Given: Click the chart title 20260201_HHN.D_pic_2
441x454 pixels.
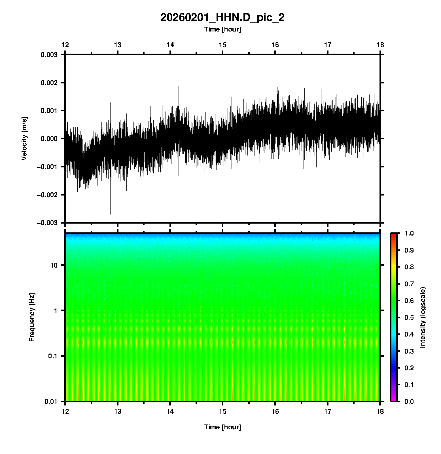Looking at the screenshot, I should pos(222,18).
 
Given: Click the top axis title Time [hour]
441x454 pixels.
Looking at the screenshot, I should pos(222,30).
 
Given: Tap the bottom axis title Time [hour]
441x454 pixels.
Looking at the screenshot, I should pos(222,427).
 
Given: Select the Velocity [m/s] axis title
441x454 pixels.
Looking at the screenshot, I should pos(24,138).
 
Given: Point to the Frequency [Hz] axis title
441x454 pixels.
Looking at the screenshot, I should pos(32,317).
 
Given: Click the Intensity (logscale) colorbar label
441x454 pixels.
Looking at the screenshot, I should pos(423,317).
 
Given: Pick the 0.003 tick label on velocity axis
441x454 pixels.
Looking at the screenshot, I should pos(49,55).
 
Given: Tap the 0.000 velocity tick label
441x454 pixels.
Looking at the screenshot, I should pos(49,139).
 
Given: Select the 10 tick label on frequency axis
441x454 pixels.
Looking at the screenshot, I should pos(54,265).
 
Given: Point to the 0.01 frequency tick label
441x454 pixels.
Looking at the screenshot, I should pos(51,402).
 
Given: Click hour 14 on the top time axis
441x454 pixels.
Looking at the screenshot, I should pos(170,45).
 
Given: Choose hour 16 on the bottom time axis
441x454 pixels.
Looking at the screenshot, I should pos(275,411).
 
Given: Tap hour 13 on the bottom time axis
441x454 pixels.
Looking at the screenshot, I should pos(118,411).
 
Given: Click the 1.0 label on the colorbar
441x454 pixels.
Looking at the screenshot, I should pos(409,233).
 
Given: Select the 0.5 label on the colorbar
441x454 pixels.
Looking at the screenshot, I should pos(409,318).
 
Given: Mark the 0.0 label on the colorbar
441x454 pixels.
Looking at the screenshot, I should pos(409,402).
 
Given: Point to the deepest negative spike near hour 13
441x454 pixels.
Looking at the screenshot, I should pos(110,213).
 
